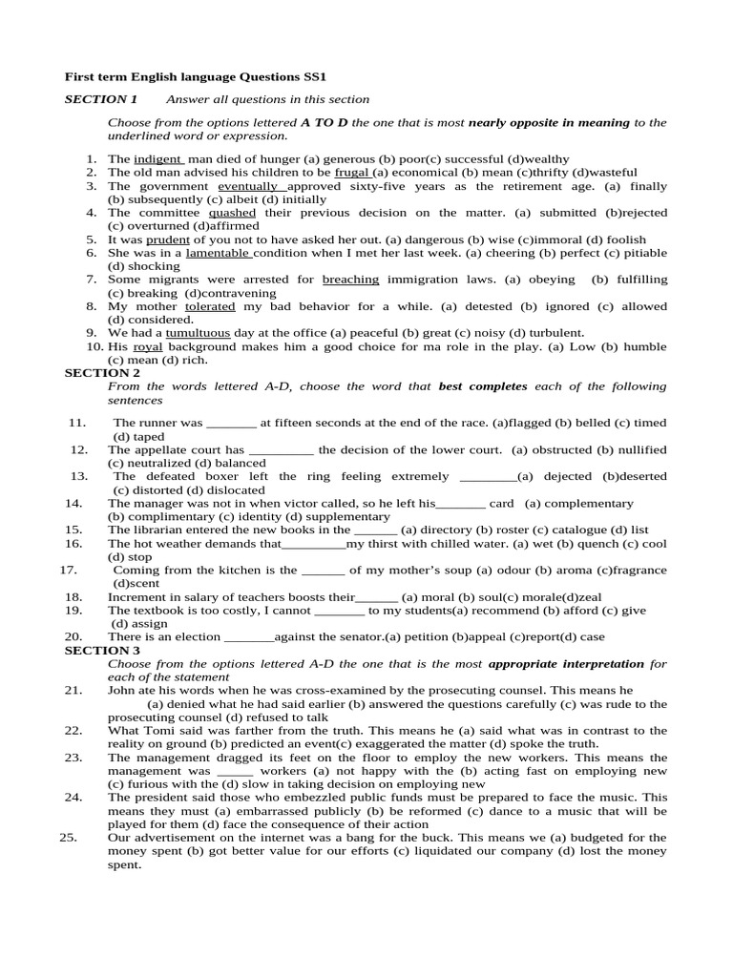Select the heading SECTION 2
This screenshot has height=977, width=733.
(x=102, y=373)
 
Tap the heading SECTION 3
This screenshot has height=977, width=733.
(x=102, y=650)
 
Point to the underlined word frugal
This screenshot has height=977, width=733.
(x=352, y=173)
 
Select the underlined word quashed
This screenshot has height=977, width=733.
(x=232, y=213)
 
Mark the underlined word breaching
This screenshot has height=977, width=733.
(x=350, y=280)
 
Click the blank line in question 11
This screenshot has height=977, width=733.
(x=231, y=423)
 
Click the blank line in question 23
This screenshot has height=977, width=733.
(x=235, y=770)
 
